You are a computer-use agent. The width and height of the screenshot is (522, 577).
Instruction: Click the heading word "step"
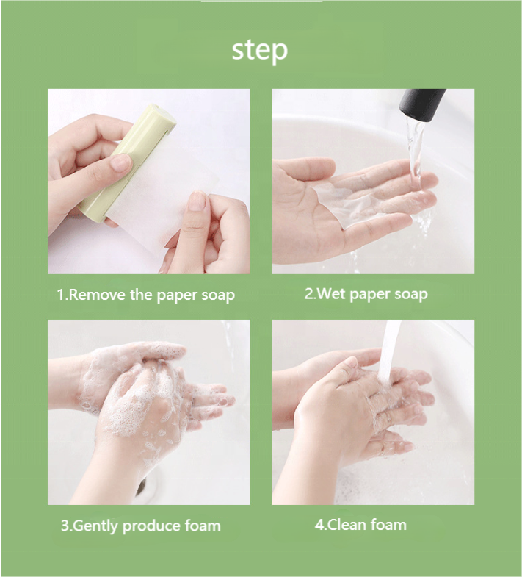tap(259, 51)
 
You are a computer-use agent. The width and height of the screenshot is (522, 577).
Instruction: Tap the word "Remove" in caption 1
tap(97, 295)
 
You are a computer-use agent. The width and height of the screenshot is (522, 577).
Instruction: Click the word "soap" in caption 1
tap(218, 295)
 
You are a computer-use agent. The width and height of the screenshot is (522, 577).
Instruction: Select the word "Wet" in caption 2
tap(330, 294)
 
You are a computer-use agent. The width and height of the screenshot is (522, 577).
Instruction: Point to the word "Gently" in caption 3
tap(96, 526)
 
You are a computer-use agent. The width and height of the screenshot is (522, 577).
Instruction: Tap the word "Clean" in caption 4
tap(347, 525)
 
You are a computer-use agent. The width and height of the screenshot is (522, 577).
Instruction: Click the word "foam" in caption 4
tap(388, 525)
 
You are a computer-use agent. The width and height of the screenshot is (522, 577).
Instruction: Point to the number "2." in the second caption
tap(310, 294)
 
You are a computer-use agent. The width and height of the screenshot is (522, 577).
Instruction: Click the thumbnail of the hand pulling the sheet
tap(197, 201)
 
